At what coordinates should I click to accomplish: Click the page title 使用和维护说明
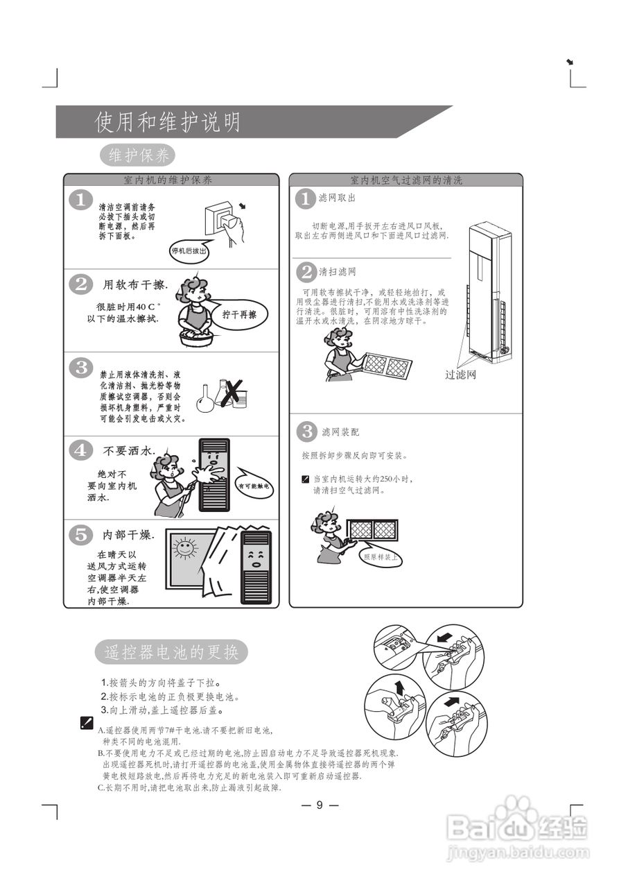click(168, 122)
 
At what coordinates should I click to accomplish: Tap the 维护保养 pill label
click(139, 155)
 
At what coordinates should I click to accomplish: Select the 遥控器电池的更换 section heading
click(171, 653)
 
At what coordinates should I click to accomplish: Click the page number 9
click(320, 805)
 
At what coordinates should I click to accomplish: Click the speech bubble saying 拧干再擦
click(239, 314)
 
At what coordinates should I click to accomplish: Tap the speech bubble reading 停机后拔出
click(189, 251)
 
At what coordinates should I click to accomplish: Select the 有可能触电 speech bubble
click(255, 488)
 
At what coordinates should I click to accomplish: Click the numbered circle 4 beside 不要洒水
click(81, 450)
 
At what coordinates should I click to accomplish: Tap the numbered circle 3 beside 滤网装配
click(306, 431)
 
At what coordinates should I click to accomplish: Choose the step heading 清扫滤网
click(338, 271)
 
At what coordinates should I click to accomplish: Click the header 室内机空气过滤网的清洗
click(405, 180)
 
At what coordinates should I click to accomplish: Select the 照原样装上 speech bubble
click(381, 557)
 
